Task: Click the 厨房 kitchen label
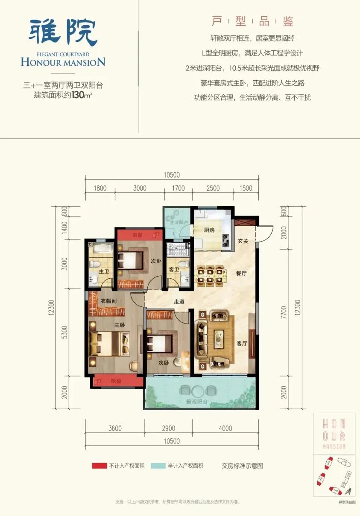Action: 209,230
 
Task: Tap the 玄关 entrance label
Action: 243,241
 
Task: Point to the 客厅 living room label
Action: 242,344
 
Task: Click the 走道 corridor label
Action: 179,301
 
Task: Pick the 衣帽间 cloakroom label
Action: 108,300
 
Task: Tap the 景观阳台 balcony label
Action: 196,402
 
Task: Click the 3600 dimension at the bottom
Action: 115,428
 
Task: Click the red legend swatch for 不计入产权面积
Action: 99,466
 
